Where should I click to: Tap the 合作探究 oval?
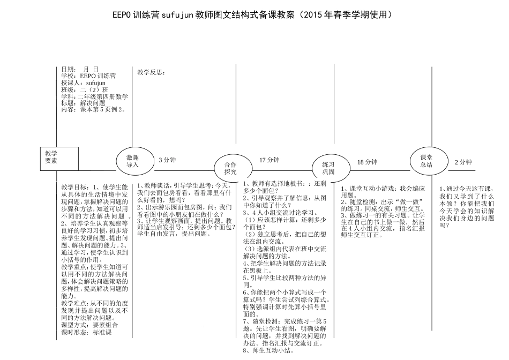230,168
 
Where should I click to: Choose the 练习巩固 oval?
328,168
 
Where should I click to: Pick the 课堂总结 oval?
426,161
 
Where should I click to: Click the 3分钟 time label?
167,160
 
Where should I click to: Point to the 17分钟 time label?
270,160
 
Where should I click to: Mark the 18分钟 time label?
368,162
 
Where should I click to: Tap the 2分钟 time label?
463,162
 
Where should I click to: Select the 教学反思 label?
150,72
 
